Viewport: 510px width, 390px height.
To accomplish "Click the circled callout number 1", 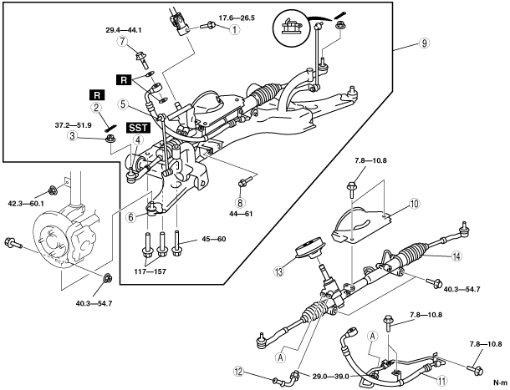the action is [234, 29].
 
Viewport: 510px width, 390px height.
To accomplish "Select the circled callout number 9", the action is [424, 43].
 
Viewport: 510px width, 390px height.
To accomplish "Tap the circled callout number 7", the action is [123, 42].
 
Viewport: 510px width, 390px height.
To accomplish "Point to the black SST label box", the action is [138, 128].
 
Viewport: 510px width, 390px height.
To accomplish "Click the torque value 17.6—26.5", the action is [237, 18].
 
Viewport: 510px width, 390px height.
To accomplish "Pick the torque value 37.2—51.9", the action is [74, 125].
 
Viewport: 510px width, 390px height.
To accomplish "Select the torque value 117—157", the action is [150, 271].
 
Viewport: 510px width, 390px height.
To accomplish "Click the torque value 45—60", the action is [213, 239].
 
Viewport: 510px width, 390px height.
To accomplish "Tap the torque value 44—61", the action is [241, 214].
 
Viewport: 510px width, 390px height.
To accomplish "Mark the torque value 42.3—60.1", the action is [26, 204].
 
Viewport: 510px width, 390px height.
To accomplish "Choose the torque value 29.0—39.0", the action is [330, 377].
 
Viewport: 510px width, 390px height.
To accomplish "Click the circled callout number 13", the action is [279, 271].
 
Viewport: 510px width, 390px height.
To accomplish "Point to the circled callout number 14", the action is [456, 256].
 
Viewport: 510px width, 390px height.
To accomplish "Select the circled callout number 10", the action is [414, 204].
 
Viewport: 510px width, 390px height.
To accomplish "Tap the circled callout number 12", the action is [239, 372].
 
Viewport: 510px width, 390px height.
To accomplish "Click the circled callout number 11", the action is [442, 381].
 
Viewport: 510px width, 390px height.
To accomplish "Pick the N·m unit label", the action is [500, 382].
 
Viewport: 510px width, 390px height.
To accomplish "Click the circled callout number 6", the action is [130, 217].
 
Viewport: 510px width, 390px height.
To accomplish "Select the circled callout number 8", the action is [240, 203].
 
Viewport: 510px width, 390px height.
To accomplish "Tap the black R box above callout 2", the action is [97, 95].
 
